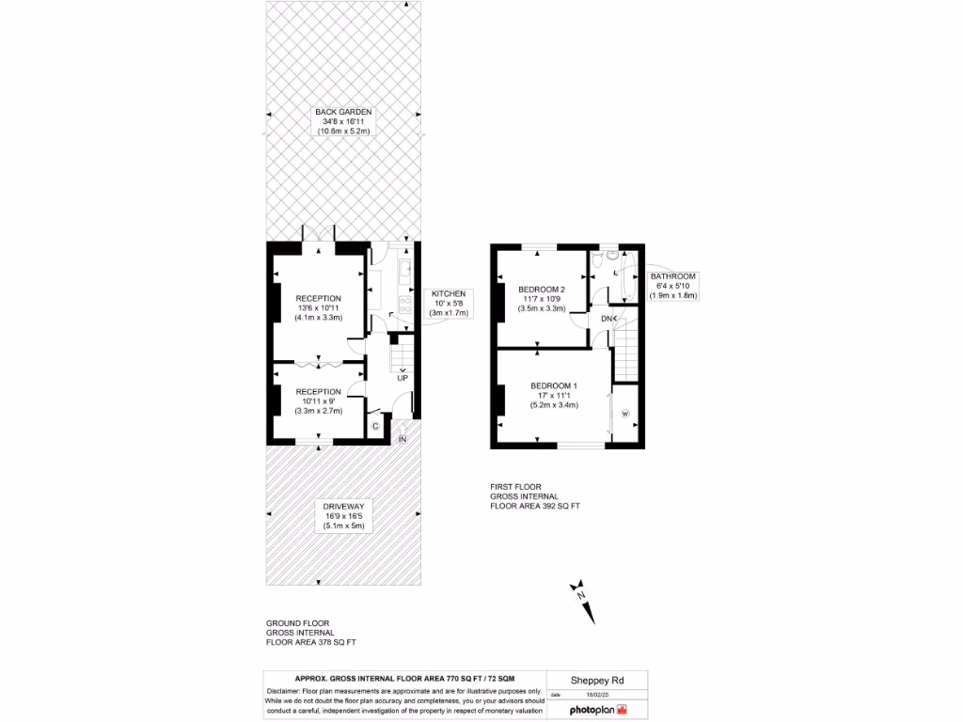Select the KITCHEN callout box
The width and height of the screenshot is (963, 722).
pyautogui.click(x=449, y=304)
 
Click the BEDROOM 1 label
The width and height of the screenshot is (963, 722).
pyautogui.click(x=554, y=386)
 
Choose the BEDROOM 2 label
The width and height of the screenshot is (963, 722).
pyautogui.click(x=542, y=290)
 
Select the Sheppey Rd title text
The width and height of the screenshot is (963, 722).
pyautogui.click(x=597, y=681)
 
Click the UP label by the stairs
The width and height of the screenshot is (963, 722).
pyautogui.click(x=403, y=378)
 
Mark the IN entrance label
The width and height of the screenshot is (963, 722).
pyautogui.click(x=403, y=439)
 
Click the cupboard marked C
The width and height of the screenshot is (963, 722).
pyautogui.click(x=375, y=426)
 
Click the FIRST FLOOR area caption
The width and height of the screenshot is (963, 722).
pyautogui.click(x=534, y=496)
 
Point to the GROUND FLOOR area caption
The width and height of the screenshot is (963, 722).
pyautogui.click(x=310, y=633)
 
